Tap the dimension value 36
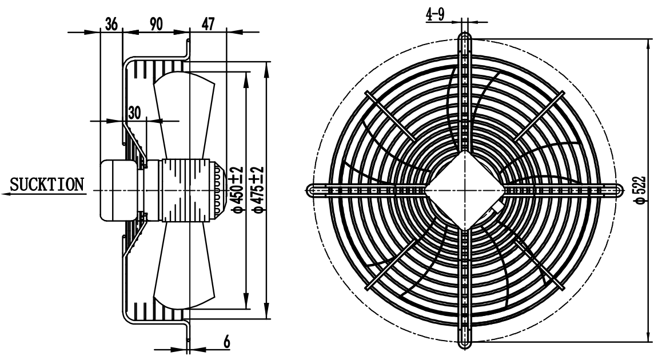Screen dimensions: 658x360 click(x=111, y=24)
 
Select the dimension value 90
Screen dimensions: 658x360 click(x=155, y=24)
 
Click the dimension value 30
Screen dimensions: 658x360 click(x=134, y=113)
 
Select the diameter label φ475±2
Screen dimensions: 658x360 click(x=258, y=189)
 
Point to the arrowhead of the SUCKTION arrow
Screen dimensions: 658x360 click(x=6, y=194)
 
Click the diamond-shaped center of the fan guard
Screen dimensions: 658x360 click(x=464, y=189)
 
